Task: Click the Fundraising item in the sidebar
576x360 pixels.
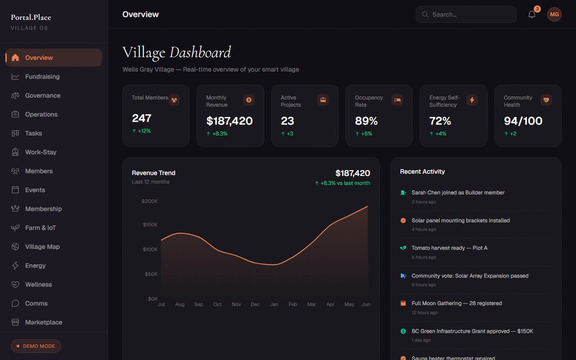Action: tap(42, 76)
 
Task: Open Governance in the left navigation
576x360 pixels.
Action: tap(42, 95)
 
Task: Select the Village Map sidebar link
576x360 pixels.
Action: tap(42, 247)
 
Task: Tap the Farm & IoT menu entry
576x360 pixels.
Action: tap(40, 228)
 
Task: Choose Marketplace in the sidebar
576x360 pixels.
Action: tap(44, 322)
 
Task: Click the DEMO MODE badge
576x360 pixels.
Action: tap(36, 346)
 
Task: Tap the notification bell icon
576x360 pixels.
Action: tap(532, 14)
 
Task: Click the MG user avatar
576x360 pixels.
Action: tap(554, 14)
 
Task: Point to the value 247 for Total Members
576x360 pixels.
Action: tap(141, 118)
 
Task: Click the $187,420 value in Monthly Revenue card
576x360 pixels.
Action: tap(229, 121)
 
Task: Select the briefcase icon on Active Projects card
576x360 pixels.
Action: tap(323, 100)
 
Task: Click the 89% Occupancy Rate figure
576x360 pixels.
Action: tap(366, 121)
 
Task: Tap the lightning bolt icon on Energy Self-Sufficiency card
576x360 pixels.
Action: tap(472, 100)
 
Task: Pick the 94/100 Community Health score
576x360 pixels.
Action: tap(523, 121)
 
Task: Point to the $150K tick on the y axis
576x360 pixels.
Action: tap(150, 225)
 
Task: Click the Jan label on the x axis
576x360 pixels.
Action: tap(274, 304)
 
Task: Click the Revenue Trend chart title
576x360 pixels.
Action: tap(153, 173)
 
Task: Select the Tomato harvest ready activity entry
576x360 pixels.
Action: tap(449, 248)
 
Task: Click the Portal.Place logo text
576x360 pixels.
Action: tap(31, 18)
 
